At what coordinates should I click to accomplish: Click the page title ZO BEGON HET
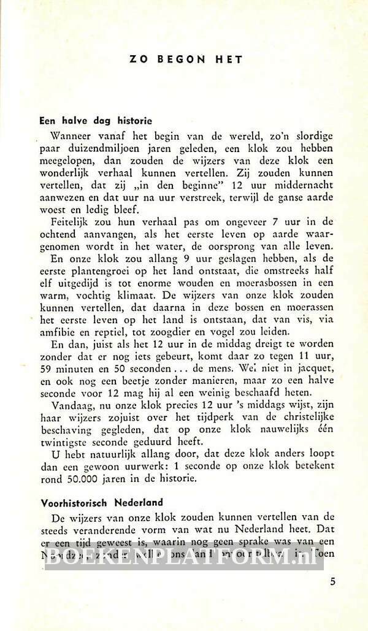coord(186,59)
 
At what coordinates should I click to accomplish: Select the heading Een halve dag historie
coord(96,121)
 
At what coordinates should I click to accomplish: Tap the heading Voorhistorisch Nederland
coord(102,502)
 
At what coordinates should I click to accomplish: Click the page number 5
coord(332,582)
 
